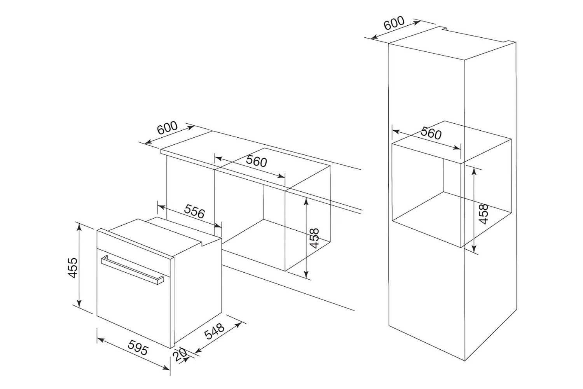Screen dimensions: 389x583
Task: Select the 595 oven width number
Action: click(x=138, y=348)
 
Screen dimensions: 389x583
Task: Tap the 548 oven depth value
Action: click(x=215, y=331)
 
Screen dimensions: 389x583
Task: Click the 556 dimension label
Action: click(x=194, y=212)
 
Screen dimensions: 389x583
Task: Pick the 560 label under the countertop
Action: click(x=257, y=161)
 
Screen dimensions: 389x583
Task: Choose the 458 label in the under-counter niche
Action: click(x=314, y=238)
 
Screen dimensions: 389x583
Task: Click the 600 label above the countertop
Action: click(x=168, y=128)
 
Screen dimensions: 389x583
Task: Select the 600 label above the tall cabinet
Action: click(x=394, y=23)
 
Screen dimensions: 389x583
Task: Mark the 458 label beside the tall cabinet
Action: click(x=483, y=214)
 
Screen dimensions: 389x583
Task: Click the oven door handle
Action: click(x=132, y=269)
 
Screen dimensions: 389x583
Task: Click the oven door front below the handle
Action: click(x=132, y=307)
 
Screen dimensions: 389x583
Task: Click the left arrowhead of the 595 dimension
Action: click(x=99, y=340)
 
